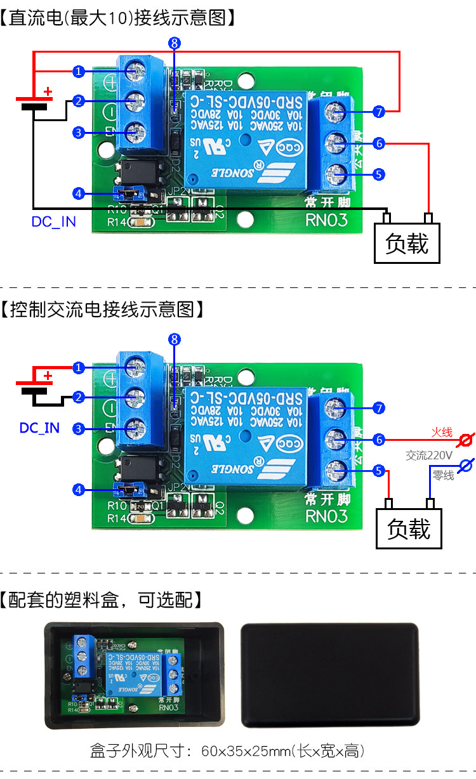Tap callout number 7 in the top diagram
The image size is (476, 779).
click(379, 112)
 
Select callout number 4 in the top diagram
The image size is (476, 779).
click(78, 193)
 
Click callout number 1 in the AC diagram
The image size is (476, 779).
click(78, 368)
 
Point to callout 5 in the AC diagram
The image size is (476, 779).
click(379, 471)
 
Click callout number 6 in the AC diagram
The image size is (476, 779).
click(379, 439)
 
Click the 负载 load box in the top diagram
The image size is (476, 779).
click(407, 243)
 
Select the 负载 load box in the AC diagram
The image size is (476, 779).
click(409, 528)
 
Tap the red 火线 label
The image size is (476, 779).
click(442, 432)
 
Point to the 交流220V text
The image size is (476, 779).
click(429, 455)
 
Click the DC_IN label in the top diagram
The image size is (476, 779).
click(53, 222)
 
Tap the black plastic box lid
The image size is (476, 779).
click(330, 674)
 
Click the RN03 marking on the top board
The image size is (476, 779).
click(327, 219)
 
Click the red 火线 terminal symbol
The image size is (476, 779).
click(466, 438)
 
